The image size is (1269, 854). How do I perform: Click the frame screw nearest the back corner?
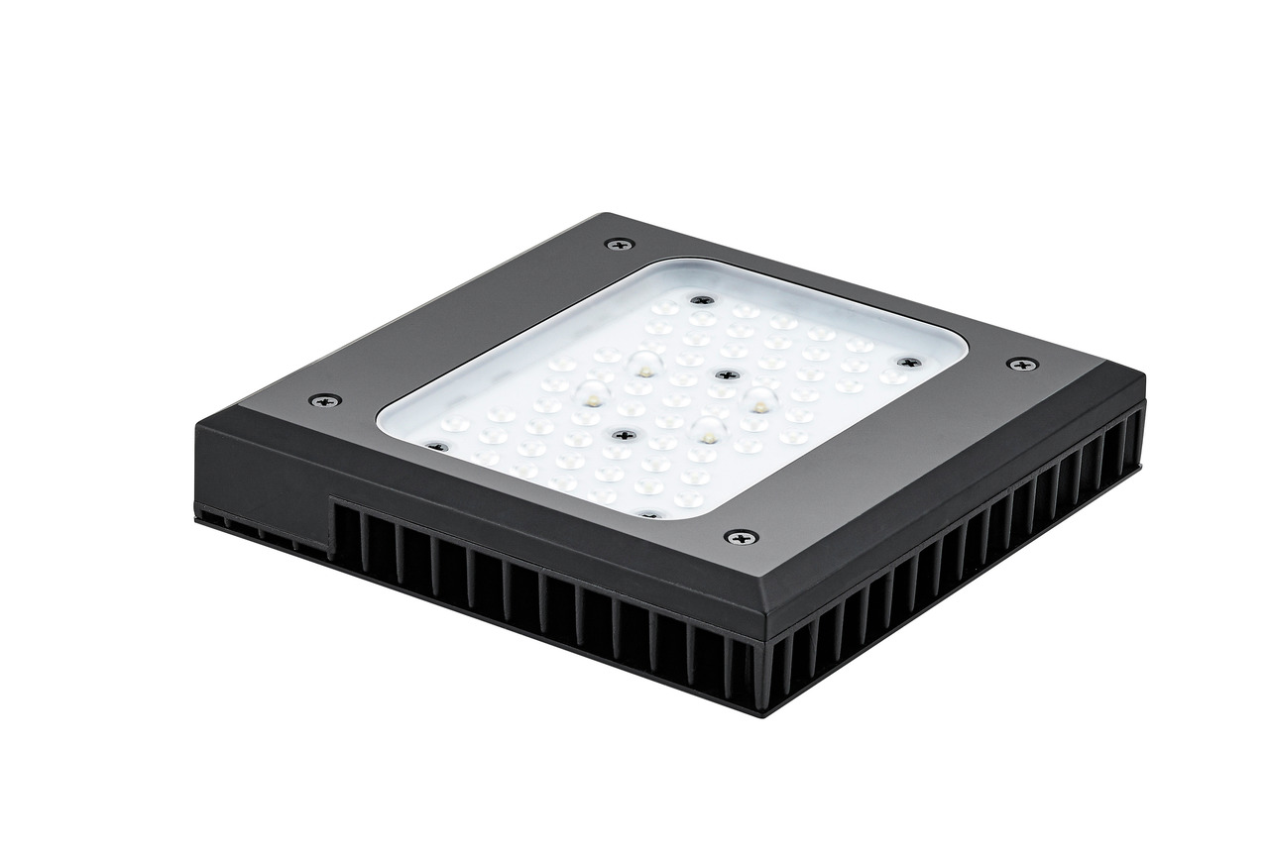620,244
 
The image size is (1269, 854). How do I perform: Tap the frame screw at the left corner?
324,400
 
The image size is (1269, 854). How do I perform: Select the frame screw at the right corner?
1022,365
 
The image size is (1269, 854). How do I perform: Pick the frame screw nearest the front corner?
741,537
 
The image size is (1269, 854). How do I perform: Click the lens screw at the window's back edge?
702,300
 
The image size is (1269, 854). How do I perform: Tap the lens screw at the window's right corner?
908,363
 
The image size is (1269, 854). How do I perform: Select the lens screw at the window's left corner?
436,447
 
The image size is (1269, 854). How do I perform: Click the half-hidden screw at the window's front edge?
648,515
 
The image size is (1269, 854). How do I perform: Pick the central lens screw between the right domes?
727,375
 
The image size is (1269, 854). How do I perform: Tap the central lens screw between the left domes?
623,435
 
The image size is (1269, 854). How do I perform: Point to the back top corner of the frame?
602,215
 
